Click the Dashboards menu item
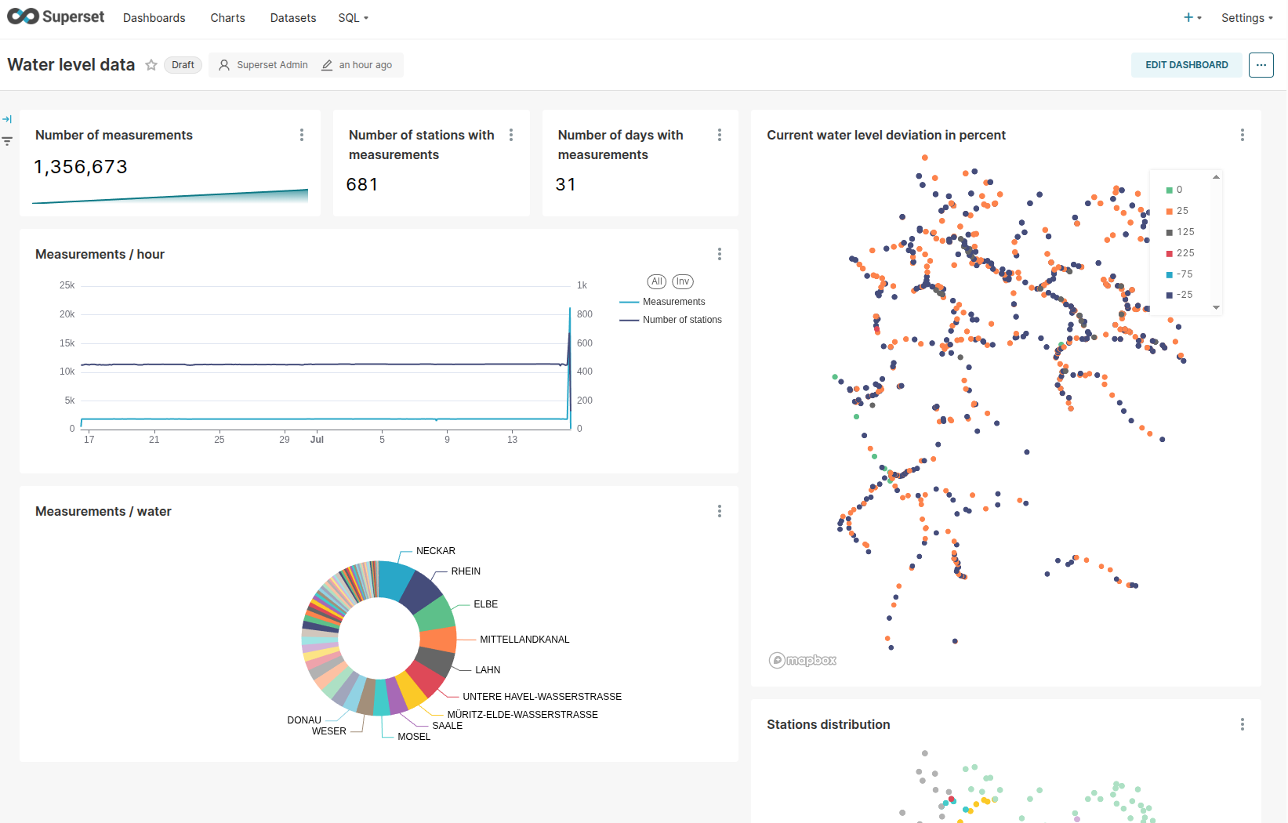(154, 18)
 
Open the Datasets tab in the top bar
(292, 18)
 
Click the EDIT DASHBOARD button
(1186, 65)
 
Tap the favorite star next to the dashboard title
(151, 65)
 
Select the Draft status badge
(183, 65)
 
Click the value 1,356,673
(81, 167)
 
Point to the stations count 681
(362, 184)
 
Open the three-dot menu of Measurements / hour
(719, 254)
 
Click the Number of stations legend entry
(682, 320)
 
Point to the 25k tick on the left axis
(67, 285)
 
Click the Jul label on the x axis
(317, 440)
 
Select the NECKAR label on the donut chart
(435, 551)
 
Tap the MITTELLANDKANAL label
(524, 640)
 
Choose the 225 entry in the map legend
(1185, 253)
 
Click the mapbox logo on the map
(803, 660)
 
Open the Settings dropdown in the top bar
(1246, 18)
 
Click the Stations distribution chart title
(828, 724)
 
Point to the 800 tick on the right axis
(584, 314)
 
